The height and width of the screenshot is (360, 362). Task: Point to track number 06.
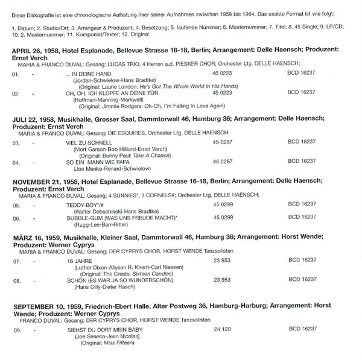(x=16, y=218)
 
